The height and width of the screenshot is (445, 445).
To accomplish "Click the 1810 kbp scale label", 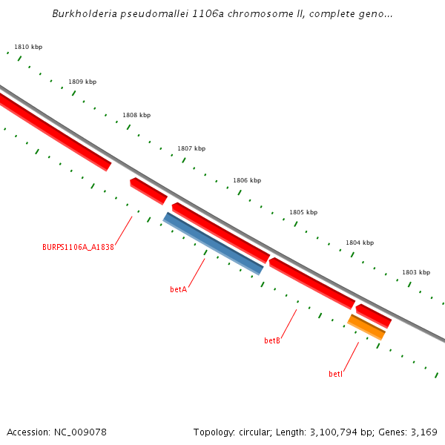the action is [x=28, y=47].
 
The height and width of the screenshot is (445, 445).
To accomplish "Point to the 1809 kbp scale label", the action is [x=82, y=82].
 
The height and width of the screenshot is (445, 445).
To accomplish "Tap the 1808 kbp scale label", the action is [x=136, y=115].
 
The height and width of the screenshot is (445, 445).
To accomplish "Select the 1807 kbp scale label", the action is [x=191, y=148].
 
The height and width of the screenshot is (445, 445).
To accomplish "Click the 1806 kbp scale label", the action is [x=247, y=180].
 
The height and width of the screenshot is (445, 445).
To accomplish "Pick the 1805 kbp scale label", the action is [x=303, y=212].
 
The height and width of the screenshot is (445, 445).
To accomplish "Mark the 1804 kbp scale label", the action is [x=360, y=243].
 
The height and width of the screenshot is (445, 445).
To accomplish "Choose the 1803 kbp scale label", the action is [x=416, y=272].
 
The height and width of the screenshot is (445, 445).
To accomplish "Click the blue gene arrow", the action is [x=213, y=243].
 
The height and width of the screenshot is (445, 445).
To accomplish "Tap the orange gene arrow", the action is [x=366, y=327].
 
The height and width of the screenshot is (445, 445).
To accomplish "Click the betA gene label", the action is [x=178, y=289].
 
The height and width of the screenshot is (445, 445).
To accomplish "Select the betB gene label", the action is [x=272, y=341].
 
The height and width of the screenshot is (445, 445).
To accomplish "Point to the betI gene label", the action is [x=336, y=375].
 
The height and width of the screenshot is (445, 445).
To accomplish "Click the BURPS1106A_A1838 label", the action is [x=78, y=247].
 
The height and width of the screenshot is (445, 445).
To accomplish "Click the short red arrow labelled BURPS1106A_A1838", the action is [x=148, y=191].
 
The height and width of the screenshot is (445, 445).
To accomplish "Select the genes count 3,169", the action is [x=423, y=432].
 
